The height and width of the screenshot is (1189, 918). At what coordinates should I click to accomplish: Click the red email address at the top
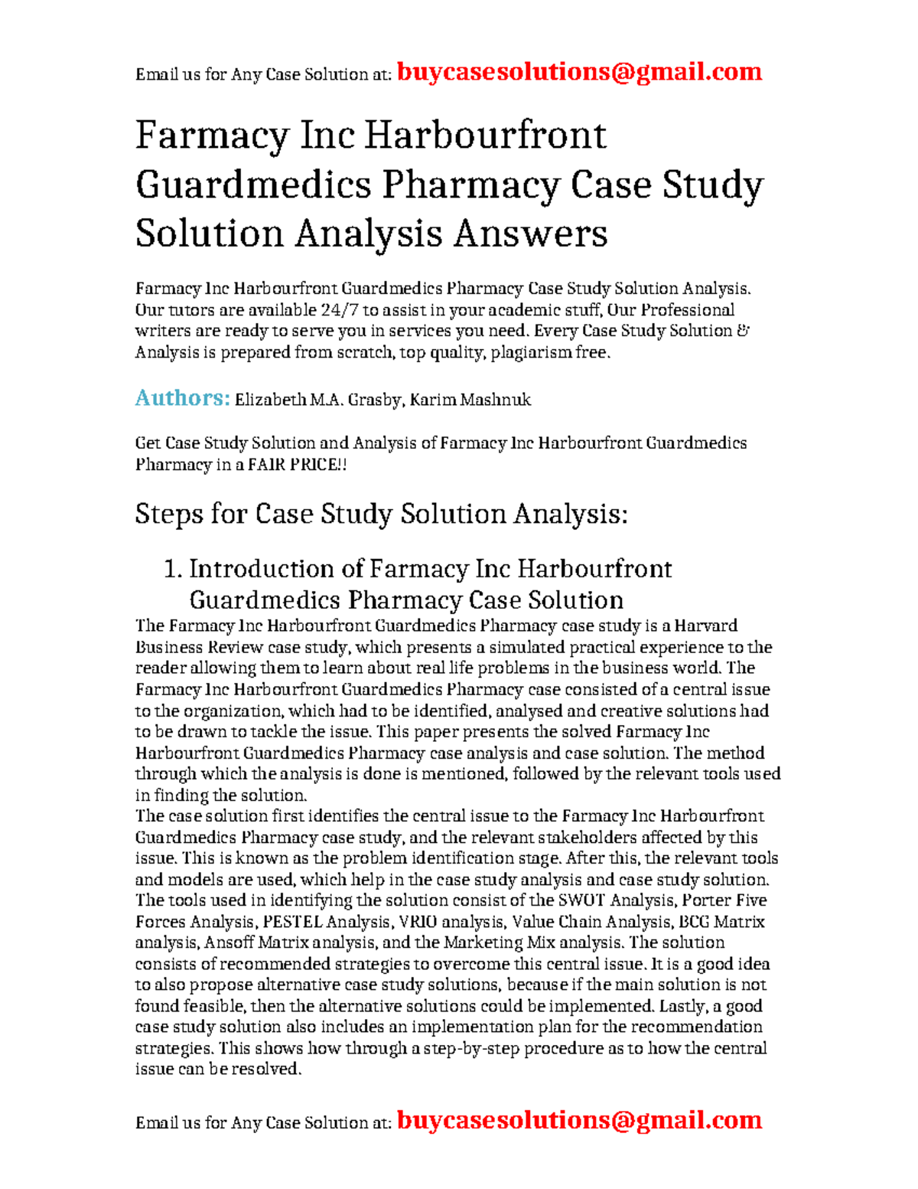click(x=579, y=72)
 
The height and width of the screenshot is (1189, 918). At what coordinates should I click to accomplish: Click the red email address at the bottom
click(x=579, y=1120)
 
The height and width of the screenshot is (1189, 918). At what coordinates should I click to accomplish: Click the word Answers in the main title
click(x=530, y=234)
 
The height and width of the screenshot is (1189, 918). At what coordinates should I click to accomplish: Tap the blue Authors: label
click(x=182, y=398)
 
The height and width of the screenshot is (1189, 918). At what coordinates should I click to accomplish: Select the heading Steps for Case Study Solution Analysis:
click(x=381, y=514)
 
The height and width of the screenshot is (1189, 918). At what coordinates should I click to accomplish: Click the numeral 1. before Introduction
click(x=173, y=569)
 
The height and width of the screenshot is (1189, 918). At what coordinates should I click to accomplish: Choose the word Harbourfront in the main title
click(x=484, y=136)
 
